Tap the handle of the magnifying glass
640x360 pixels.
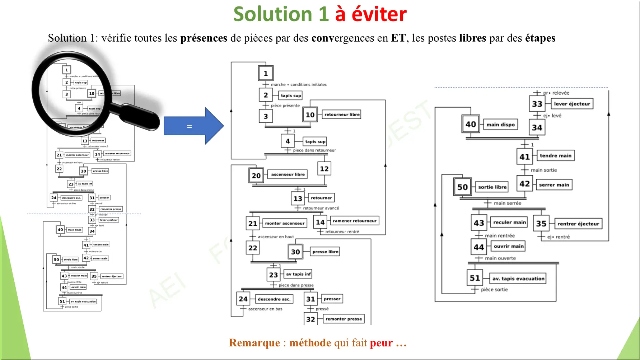point(138,117)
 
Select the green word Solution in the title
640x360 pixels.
point(273,14)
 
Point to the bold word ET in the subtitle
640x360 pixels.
point(398,38)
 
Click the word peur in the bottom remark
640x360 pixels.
point(381,343)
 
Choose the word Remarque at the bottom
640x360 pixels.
point(254,343)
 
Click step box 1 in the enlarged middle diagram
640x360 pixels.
point(266,73)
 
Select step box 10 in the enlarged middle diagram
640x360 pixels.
point(310,115)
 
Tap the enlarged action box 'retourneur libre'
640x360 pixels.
point(342,114)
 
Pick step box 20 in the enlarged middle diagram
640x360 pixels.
point(256,176)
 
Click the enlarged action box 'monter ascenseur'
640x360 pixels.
point(285,223)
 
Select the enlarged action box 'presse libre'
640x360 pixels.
point(325,252)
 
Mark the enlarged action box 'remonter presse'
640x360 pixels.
point(344,319)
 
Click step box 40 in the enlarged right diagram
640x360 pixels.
point(471,124)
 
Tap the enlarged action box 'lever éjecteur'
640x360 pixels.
point(572,104)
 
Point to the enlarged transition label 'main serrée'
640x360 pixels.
point(507,203)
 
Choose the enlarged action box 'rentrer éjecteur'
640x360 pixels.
point(578,224)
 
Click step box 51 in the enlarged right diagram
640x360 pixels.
point(475,278)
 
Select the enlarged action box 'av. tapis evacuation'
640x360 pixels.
point(518,279)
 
